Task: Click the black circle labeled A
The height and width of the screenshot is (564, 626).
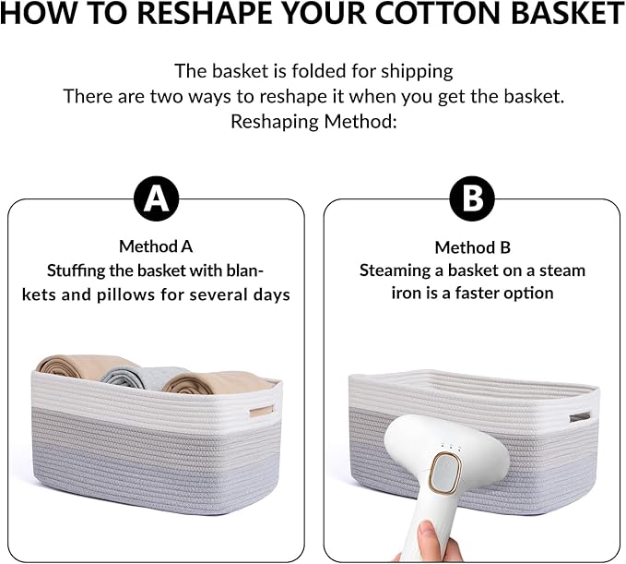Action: click(157, 198)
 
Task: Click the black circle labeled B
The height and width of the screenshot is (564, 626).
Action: click(471, 198)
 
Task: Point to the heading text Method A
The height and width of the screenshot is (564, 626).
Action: click(156, 246)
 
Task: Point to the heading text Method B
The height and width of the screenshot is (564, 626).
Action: click(472, 246)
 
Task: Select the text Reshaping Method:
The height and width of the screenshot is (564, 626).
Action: click(313, 122)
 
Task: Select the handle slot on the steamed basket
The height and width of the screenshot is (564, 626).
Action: click(579, 417)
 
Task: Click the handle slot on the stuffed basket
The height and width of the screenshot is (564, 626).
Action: click(262, 411)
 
